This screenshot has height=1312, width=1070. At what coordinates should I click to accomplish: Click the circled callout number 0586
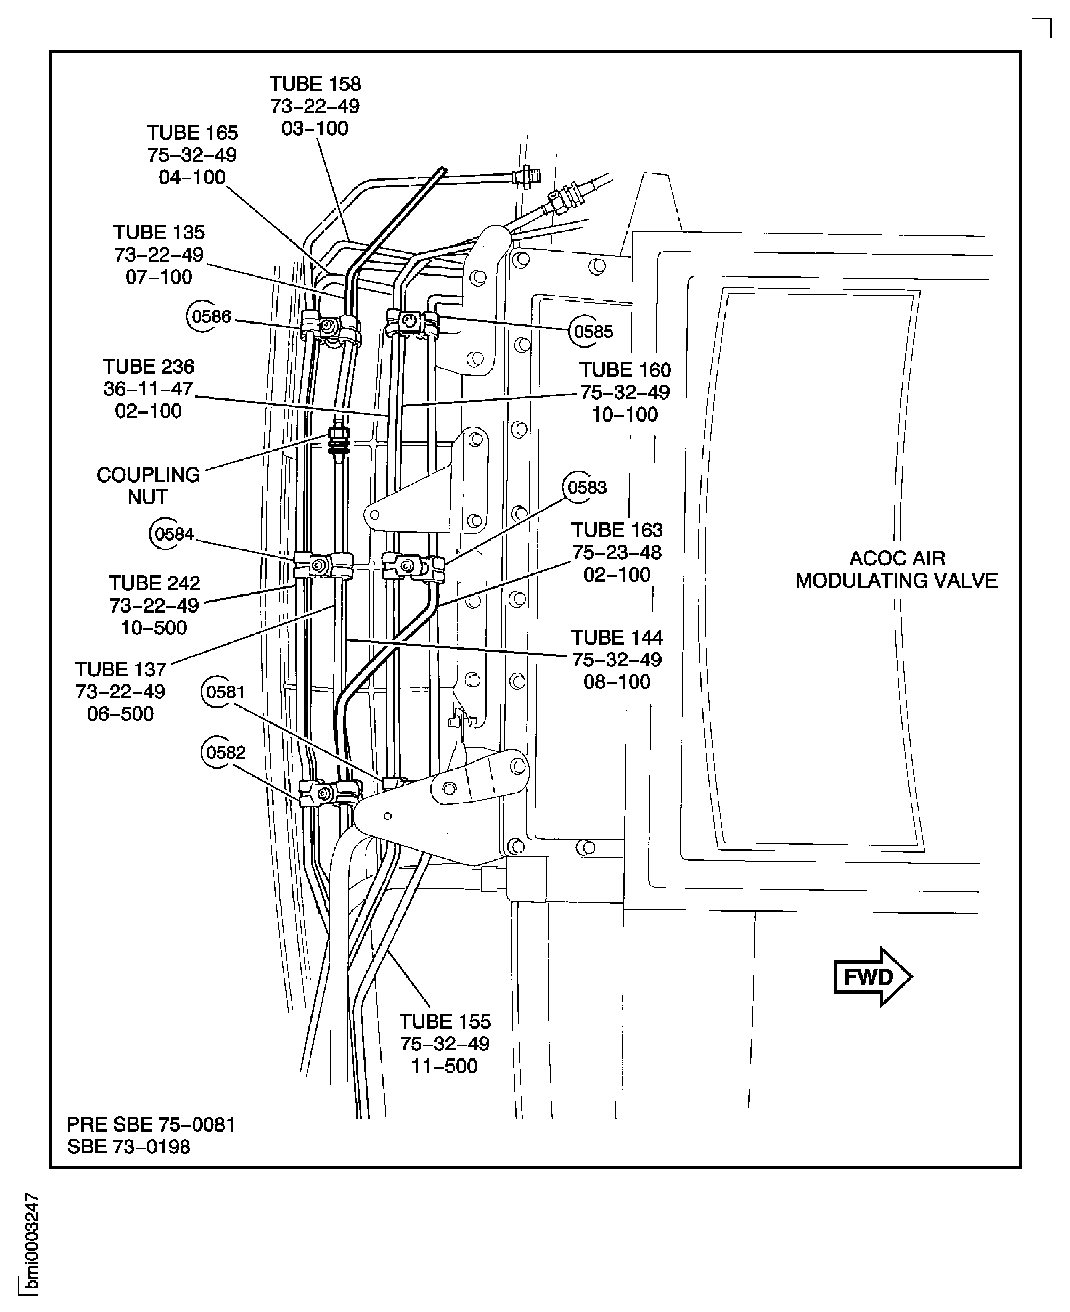pyautogui.click(x=210, y=317)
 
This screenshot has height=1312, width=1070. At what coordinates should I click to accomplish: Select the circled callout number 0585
pyautogui.click(x=593, y=332)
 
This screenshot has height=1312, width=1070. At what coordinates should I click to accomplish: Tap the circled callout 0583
pyautogui.click(x=586, y=487)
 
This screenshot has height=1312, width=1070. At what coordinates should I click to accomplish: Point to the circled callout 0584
pyautogui.click(x=174, y=534)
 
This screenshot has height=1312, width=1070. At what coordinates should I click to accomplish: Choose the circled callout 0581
pyautogui.click(x=225, y=692)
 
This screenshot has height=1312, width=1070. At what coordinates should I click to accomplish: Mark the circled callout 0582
pyautogui.click(x=225, y=753)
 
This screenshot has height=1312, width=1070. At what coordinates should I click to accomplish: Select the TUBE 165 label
pyautogui.click(x=192, y=133)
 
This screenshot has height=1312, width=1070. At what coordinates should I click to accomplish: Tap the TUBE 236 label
pyautogui.click(x=149, y=367)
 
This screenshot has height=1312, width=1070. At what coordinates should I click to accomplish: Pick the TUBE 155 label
pyautogui.click(x=445, y=1022)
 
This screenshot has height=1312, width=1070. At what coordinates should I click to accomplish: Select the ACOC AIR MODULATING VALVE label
pyautogui.click(x=896, y=569)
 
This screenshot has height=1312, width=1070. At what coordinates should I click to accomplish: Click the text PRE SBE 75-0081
pyautogui.click(x=151, y=1125)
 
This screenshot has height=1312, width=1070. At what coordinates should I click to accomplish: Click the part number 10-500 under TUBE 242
pyautogui.click(x=153, y=628)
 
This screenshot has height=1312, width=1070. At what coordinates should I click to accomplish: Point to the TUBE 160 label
pyautogui.click(x=625, y=370)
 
